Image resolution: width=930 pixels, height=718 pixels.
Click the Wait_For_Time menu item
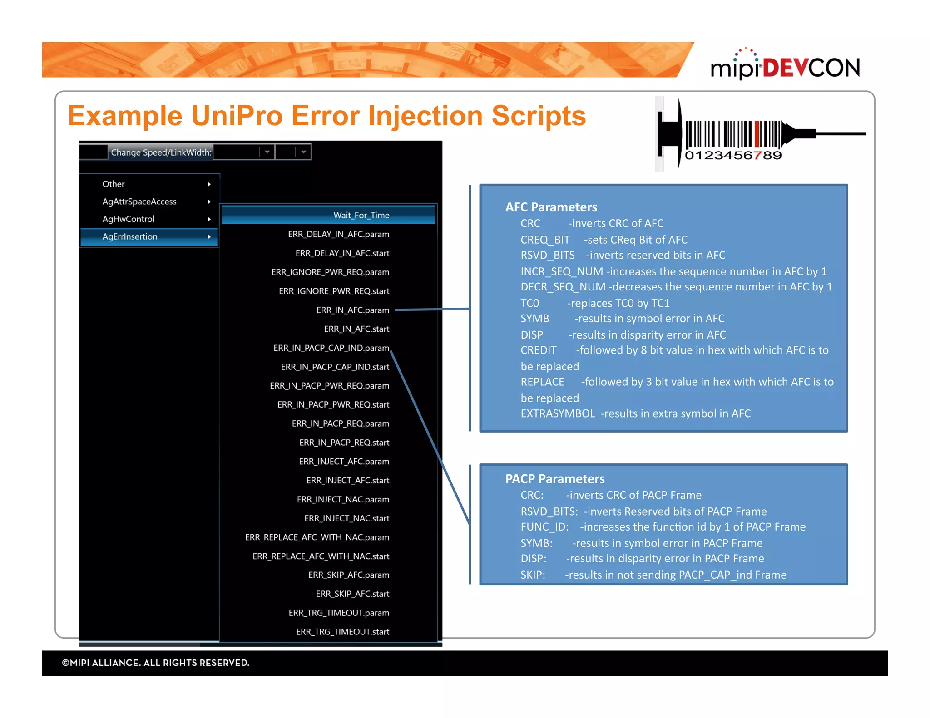[x=361, y=215]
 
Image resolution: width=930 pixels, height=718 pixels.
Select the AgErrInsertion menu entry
[x=130, y=236]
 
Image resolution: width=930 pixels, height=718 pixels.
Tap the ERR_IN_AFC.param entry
[x=352, y=310]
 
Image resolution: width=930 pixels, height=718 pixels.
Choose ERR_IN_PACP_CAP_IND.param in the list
[x=331, y=348]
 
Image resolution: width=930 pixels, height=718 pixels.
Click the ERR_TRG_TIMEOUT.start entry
[x=342, y=632]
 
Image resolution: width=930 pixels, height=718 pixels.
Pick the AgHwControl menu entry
[x=128, y=219]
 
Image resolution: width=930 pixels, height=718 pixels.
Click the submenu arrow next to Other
[x=209, y=184]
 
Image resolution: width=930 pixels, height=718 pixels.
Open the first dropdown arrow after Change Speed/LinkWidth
[x=267, y=152]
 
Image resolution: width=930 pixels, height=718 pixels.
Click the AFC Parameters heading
[x=551, y=207]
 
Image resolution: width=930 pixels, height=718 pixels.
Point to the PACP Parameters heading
[x=554, y=479]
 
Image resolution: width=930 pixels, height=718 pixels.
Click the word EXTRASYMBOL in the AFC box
[x=557, y=413]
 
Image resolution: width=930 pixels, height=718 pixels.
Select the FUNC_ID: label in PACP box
[x=544, y=527]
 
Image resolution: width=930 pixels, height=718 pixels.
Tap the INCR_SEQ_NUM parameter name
[x=561, y=271]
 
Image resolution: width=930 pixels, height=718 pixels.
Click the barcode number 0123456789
[x=733, y=156]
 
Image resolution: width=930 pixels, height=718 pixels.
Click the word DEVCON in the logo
[x=811, y=68]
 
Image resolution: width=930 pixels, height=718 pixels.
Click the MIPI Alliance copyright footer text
[x=155, y=663]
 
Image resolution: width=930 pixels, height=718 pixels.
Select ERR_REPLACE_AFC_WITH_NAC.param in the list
[x=317, y=537]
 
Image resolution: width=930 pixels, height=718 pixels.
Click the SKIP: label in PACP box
[x=532, y=575]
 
